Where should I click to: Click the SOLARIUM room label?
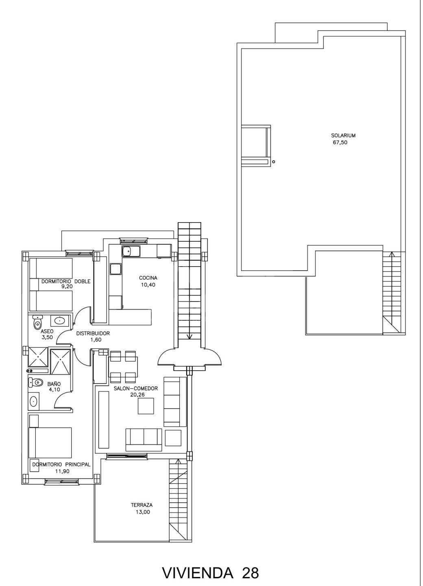343,136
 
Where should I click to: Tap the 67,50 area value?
340,142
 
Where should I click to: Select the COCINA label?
148,278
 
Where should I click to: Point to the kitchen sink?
131,251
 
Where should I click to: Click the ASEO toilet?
38,322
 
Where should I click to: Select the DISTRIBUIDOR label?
93,334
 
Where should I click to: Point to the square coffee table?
146,406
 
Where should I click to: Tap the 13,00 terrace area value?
143,512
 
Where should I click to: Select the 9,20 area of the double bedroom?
67,286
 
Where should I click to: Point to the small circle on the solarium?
274,162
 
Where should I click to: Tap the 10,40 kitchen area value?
148,285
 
